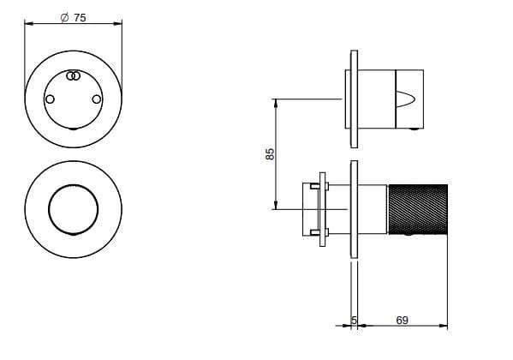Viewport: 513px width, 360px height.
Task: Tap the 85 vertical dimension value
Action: click(x=270, y=154)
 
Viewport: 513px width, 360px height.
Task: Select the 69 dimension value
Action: click(x=402, y=320)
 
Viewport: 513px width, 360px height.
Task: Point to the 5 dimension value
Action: click(x=354, y=320)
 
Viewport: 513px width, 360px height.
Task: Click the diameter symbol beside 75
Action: click(x=64, y=17)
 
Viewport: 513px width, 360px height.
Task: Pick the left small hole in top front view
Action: click(x=50, y=99)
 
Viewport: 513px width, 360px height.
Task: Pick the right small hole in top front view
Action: click(x=97, y=99)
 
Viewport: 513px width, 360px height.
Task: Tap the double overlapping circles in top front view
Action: click(x=74, y=76)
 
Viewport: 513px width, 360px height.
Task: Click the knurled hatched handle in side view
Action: click(x=418, y=210)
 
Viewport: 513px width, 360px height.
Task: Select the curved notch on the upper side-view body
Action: click(x=406, y=99)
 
